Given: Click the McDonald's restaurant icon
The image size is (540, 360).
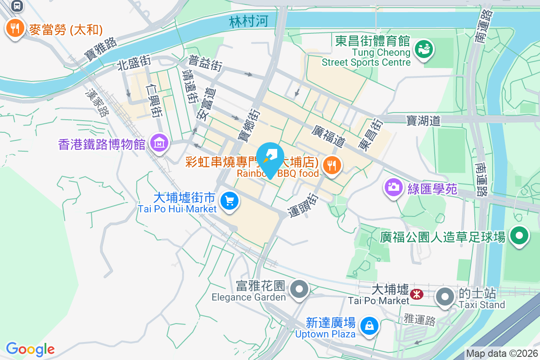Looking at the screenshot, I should tap(15, 29).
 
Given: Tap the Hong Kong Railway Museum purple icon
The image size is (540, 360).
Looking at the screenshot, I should tap(159, 144).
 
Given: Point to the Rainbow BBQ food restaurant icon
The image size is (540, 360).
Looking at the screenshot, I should tap(332, 165).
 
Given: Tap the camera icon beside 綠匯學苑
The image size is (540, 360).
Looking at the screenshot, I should tap(393, 187).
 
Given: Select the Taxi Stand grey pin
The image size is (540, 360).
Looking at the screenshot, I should tap(445, 297).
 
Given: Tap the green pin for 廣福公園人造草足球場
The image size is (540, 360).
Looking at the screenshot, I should tap(519, 236).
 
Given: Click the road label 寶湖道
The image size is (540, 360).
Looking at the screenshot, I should tap(423, 120).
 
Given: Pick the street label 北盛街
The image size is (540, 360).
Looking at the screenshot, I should tap(134, 63).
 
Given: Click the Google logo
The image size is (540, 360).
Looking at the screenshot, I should tap(30, 349).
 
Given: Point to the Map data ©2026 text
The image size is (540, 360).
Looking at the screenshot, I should tap(502, 353).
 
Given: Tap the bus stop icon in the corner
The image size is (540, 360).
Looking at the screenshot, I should tap(17, 5).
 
